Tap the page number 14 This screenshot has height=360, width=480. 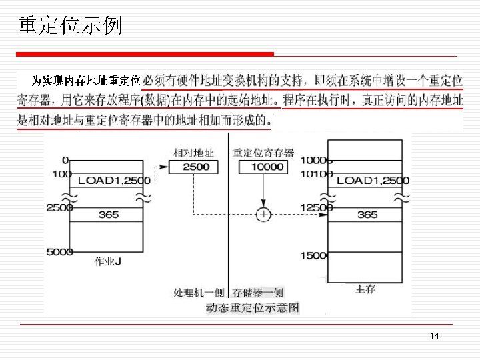pyautogui.click(x=435, y=336)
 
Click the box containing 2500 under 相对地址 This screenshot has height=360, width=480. pyautogui.click(x=196, y=167)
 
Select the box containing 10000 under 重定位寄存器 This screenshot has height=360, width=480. pyautogui.click(x=267, y=167)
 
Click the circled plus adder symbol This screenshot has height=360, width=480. pyautogui.click(x=264, y=215)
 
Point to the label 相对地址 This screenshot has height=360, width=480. pyautogui.click(x=193, y=153)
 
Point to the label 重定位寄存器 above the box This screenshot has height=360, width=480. pyautogui.click(x=263, y=153)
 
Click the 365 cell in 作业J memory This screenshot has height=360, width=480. pyautogui.click(x=108, y=215)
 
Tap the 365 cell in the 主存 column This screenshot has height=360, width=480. pyautogui.click(x=367, y=215)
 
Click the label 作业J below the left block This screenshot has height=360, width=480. pyautogui.click(x=108, y=261)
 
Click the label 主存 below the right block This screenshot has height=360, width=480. pyautogui.click(x=365, y=289)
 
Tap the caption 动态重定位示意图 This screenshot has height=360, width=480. pyautogui.click(x=252, y=307)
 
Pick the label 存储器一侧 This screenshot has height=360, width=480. pyautogui.click(x=258, y=292)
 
